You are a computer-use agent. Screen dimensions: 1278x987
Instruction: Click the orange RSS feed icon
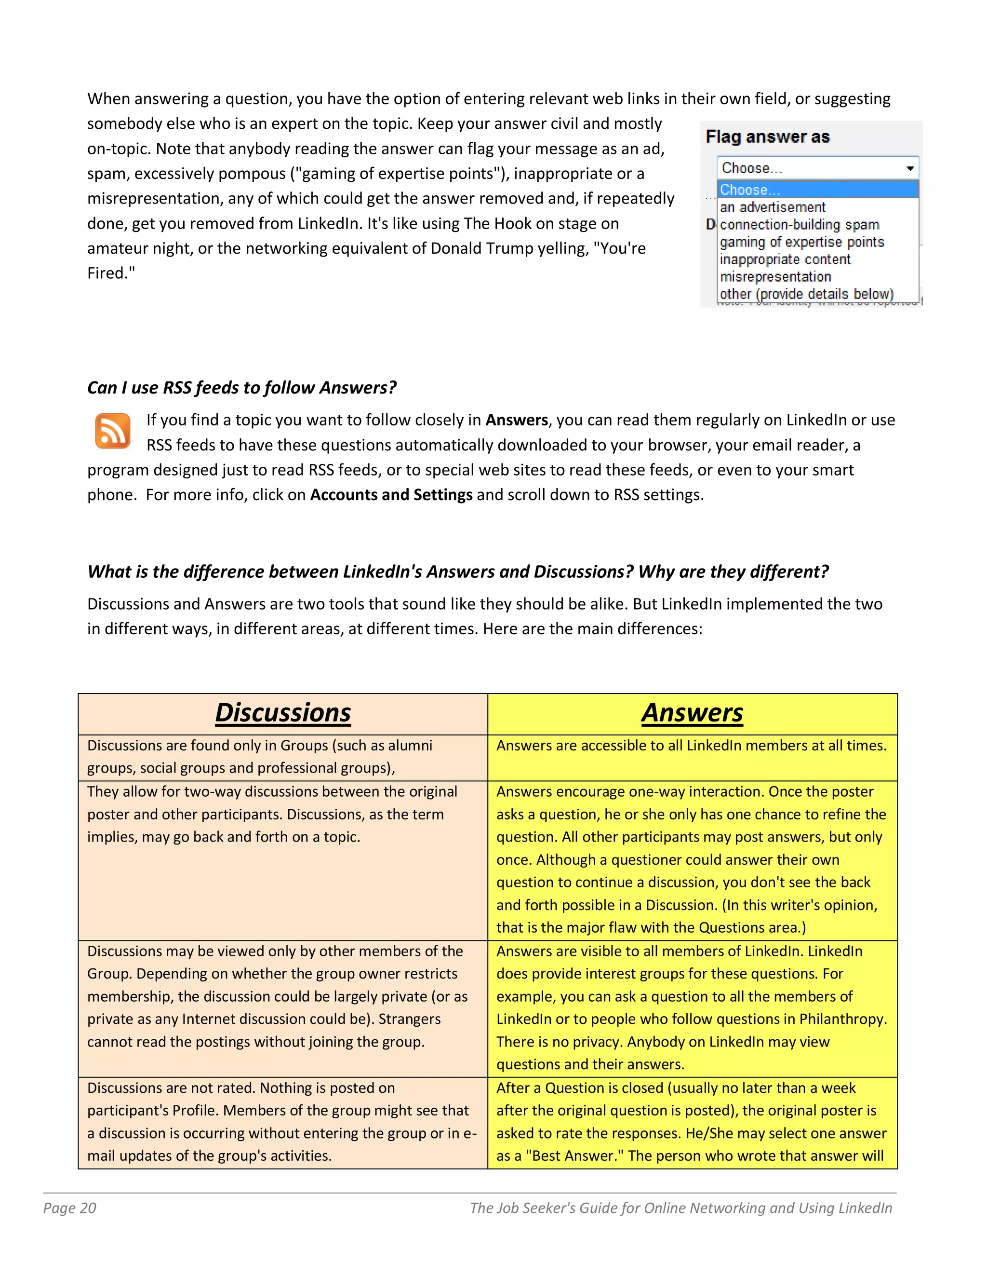coord(112,431)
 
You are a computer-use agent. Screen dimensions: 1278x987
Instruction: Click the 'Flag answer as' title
coord(767,137)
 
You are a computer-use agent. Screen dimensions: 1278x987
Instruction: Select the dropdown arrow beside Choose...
coord(910,168)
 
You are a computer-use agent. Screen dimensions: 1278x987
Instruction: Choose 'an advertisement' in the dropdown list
coord(773,207)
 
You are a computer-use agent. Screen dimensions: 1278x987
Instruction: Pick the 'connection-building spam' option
coord(800,225)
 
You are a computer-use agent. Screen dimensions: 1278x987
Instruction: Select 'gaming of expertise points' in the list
coord(801,242)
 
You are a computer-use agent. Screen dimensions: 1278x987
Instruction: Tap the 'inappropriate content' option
coord(785,259)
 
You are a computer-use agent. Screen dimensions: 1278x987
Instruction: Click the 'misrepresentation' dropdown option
coord(775,277)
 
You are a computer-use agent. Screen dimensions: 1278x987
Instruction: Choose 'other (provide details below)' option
coord(806,294)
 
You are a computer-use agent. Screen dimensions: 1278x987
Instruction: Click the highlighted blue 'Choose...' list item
coord(750,190)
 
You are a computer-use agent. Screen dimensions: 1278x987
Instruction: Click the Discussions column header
coord(283,713)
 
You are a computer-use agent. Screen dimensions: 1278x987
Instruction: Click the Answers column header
coord(693,713)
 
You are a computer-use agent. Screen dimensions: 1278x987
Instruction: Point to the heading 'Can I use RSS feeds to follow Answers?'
coord(241,387)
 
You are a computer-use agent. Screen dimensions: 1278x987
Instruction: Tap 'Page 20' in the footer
coord(69,1208)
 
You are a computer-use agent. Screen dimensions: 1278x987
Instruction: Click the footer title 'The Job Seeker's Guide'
coord(680,1208)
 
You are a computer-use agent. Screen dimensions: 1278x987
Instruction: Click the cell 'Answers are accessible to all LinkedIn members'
coord(691,746)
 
